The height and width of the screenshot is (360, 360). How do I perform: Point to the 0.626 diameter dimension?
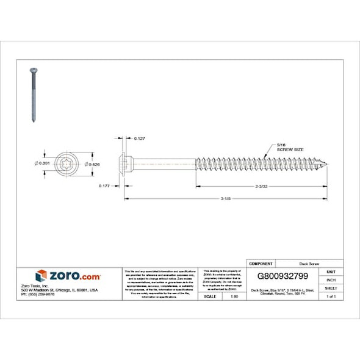click(93, 164)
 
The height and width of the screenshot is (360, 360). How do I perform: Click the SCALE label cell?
click(211, 295)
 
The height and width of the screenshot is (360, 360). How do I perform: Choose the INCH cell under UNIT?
click(331, 279)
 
